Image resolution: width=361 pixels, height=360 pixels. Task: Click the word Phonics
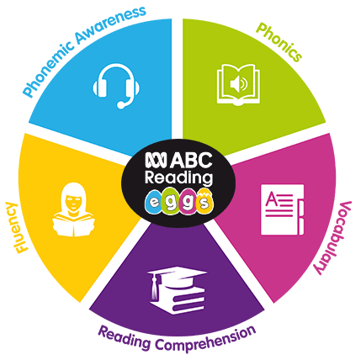point(279,42)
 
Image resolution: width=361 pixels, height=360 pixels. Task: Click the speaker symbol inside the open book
point(238,84)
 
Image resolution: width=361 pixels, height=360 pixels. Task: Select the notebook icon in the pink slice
point(282,209)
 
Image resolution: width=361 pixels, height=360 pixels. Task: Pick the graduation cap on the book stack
point(176,278)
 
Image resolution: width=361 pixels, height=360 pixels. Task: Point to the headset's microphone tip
point(121,105)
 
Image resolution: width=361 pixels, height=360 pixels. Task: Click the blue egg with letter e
point(154,202)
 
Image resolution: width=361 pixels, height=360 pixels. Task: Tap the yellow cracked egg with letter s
point(204,200)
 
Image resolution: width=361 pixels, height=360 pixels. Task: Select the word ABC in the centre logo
point(191,161)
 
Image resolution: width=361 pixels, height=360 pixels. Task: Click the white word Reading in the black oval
point(178,178)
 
